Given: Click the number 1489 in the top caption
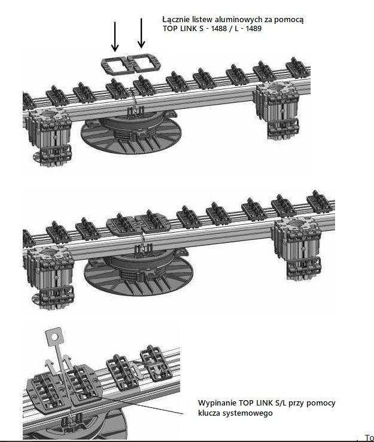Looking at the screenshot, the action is [x=254, y=29].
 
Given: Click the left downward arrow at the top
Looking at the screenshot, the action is [x=115, y=36].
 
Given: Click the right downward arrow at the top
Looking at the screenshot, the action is [x=141, y=33].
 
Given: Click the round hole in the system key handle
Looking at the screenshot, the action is [x=54, y=336].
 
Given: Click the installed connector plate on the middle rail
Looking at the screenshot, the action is [x=138, y=222].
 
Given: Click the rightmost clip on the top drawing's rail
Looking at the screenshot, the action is [x=297, y=68].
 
